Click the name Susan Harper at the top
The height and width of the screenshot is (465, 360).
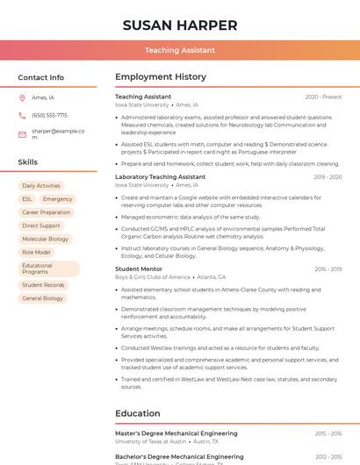pos(180,25)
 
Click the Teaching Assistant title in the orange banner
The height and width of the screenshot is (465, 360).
pos(180,50)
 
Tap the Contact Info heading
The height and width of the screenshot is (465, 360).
pos(41,77)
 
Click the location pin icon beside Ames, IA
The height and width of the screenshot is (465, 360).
pos(22,97)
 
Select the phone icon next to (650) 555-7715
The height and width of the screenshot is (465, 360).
pos(22,115)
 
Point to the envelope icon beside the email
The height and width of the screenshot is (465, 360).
pos(22,133)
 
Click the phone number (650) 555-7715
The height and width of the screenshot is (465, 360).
pos(49,115)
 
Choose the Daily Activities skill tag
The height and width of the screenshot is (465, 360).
pos(41,186)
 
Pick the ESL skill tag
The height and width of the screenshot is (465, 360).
pos(27,199)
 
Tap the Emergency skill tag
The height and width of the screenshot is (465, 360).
pos(58,199)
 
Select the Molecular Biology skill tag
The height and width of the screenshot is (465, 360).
pos(45,239)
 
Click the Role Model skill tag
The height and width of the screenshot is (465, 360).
pos(36,252)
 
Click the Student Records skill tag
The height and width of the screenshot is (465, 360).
pos(43,285)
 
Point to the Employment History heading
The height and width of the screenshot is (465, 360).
pos(161,77)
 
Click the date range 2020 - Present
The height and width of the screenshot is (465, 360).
pos(323,97)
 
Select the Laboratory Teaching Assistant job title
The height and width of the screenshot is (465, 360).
pos(160,176)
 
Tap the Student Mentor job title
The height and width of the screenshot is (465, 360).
pos(139,268)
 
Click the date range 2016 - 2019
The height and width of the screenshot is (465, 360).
pos(328,269)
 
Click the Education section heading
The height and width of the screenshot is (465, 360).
pos(138,413)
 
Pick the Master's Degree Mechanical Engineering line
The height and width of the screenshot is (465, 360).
pos(176,433)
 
